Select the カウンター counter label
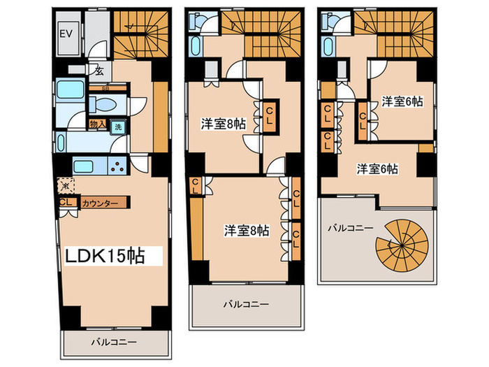[100, 203]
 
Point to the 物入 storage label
[98, 125]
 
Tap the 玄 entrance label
[100, 70]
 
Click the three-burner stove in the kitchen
[117, 168]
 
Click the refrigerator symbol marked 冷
[64, 187]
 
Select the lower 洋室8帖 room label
[245, 229]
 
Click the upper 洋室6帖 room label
[402, 102]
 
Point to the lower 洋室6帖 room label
[378, 168]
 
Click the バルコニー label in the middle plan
[246, 305]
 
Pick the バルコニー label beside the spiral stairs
[351, 227]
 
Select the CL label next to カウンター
[68, 203]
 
